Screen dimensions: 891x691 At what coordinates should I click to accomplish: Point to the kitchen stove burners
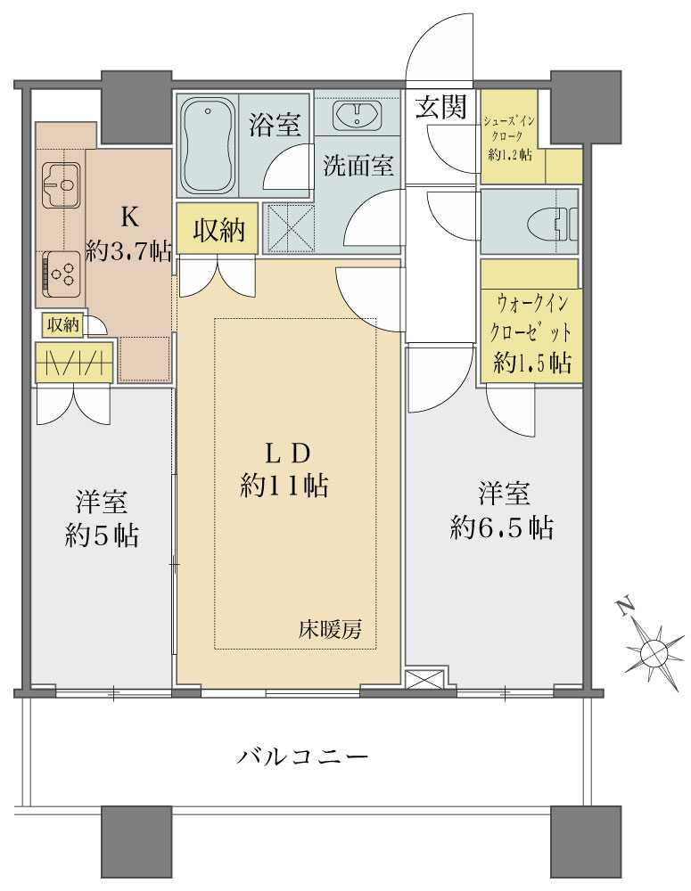[x=62, y=271]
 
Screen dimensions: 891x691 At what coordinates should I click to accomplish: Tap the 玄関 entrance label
[x=440, y=108]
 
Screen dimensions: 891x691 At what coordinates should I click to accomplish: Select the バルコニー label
[x=303, y=757]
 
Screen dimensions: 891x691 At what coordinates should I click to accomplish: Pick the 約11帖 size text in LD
[x=284, y=485]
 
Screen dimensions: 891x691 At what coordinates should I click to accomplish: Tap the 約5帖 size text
[x=101, y=535]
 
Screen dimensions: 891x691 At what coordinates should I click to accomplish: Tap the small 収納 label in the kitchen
[x=62, y=325]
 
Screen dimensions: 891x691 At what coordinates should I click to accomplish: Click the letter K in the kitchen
[x=128, y=217]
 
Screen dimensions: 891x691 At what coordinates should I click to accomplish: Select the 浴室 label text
[x=274, y=125]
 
